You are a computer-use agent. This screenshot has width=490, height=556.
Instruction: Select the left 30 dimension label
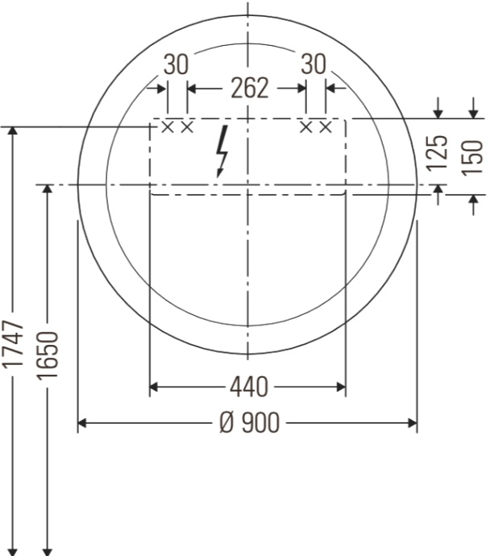(176, 65)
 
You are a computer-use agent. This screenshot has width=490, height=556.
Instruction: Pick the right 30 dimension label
(314, 65)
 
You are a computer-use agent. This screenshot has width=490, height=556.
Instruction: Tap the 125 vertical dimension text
(438, 154)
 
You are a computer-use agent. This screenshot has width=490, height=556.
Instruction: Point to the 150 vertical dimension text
(473, 156)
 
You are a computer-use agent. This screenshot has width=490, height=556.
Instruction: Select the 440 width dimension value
(249, 388)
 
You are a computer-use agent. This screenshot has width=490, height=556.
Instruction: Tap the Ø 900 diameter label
(249, 422)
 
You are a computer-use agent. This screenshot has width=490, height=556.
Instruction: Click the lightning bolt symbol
(222, 150)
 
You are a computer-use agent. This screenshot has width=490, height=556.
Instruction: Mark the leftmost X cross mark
(168, 127)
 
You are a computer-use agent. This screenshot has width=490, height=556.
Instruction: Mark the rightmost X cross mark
(326, 127)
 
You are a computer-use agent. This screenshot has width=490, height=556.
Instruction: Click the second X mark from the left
(187, 127)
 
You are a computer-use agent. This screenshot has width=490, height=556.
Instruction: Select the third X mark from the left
(306, 127)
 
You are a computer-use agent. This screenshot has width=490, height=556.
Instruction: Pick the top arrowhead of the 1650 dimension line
(48, 190)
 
